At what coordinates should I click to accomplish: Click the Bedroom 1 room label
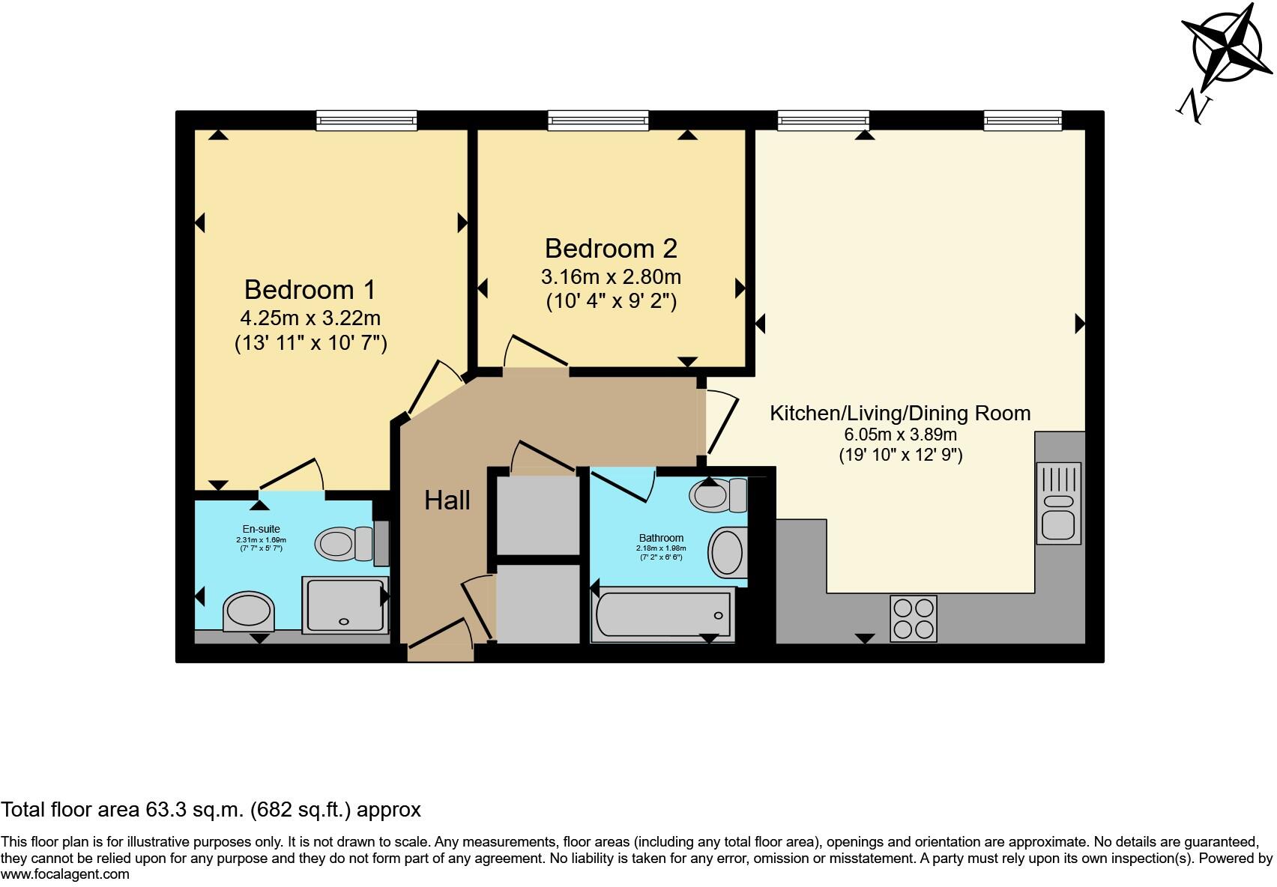310,290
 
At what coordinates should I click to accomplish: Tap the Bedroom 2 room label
611,249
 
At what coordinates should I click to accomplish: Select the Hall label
447,500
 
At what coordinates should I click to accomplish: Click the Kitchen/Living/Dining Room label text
900,413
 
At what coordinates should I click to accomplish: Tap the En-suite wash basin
249,611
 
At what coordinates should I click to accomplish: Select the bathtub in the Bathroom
662,616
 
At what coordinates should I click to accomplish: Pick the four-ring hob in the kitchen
913,618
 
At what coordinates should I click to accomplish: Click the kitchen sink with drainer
1058,502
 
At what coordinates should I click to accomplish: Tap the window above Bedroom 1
366,120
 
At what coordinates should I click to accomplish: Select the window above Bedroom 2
597,120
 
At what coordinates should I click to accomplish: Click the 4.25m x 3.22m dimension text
310,318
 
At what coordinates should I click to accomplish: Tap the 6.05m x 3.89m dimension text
900,435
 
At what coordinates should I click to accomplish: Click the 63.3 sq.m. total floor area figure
193,810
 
